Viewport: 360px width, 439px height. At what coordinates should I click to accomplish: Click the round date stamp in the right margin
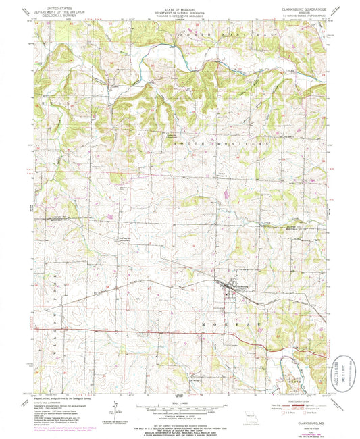pyautogui.click(x=346, y=371)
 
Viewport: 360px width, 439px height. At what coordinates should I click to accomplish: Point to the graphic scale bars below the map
pyautogui.click(x=180, y=410)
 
